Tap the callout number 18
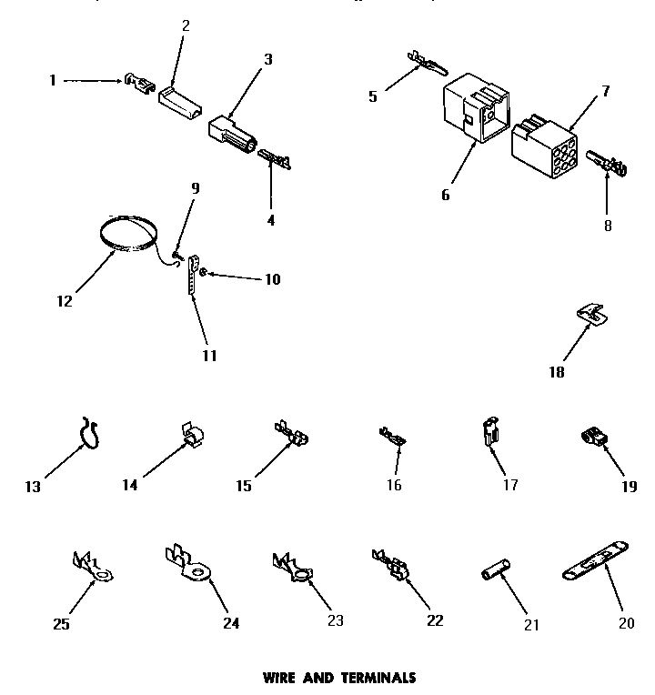pos(556,371)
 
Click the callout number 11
pos(209,356)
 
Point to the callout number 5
pos(373,96)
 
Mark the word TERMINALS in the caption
pos(378,677)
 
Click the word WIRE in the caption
pos(281,677)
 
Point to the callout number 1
pos(52,80)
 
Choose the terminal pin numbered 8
pos(608,166)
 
